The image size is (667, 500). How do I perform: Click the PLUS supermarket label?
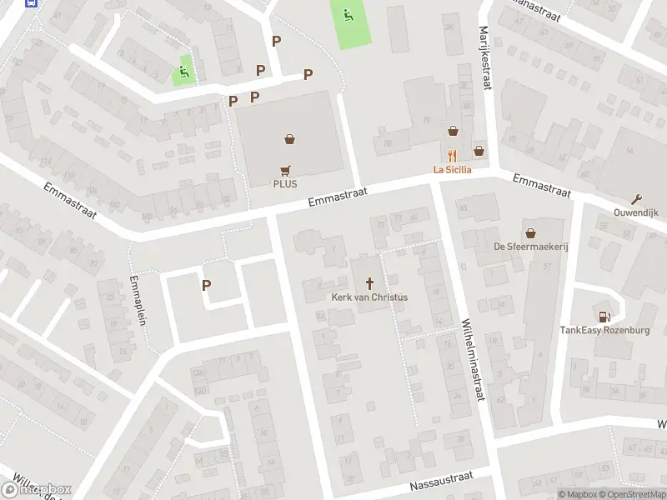tap(285, 184)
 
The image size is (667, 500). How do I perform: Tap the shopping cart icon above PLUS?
tap(285, 169)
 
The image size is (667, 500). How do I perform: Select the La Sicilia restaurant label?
tap(452, 169)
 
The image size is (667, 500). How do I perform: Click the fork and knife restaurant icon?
tap(452, 155)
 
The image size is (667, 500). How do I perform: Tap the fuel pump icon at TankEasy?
tap(604, 316)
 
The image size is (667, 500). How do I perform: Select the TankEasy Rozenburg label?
tap(604, 330)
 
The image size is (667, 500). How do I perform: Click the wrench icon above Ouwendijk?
tap(638, 198)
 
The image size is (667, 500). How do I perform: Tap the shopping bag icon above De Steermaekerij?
tap(529, 232)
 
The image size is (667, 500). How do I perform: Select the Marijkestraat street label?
tap(483, 50)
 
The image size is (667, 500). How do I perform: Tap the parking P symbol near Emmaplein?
tap(206, 285)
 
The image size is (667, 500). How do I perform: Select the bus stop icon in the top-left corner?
tap(31, 2)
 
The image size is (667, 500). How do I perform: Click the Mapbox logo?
tap(37, 489)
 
